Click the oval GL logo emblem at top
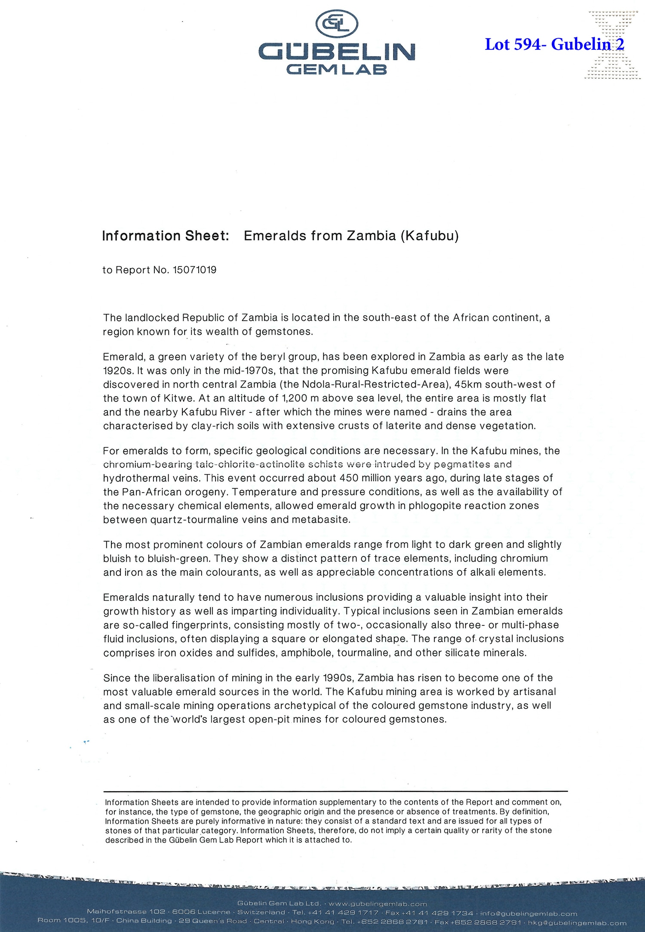337,23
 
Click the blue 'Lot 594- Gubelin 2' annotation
554,44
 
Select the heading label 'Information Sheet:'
166,236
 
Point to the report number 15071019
194,270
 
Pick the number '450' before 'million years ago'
352,478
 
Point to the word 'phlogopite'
435,505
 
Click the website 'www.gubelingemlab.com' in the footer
378,904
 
